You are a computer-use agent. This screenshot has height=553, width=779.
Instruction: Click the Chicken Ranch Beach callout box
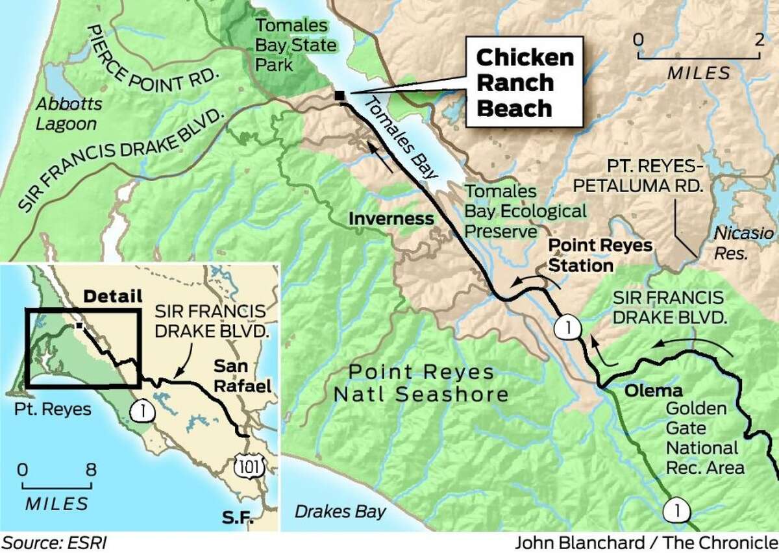tap(525, 82)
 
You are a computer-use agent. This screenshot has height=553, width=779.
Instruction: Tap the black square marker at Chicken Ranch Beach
tap(339, 95)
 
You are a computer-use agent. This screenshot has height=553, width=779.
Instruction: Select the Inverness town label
tap(391, 219)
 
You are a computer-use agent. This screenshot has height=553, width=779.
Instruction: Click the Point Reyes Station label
tap(580, 256)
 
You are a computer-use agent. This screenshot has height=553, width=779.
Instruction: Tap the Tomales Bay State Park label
tap(296, 45)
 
